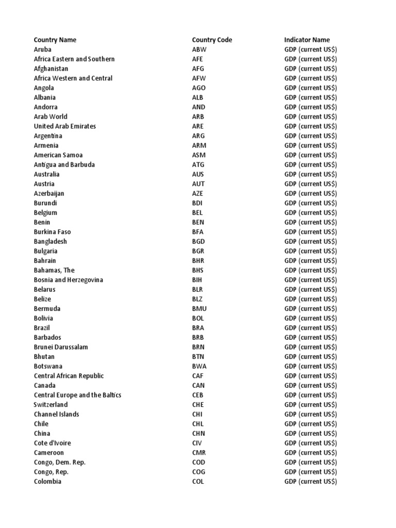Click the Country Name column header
[x=55, y=40]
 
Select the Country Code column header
[x=212, y=40]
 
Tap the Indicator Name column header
[x=307, y=40]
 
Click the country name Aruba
[x=43, y=49]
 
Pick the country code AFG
[x=199, y=69]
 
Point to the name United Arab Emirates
[x=65, y=126]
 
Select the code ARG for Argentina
[x=199, y=136]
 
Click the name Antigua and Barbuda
[x=64, y=164]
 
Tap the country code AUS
[x=198, y=174]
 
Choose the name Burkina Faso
[x=53, y=232]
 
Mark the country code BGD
[x=199, y=241]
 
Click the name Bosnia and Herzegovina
[x=69, y=280]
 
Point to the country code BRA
[x=198, y=328]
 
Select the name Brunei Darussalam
[x=61, y=347]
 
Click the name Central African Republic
[x=69, y=376]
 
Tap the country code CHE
[x=198, y=405]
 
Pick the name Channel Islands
[x=57, y=414]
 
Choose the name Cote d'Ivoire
[x=53, y=443]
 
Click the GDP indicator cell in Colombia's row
[x=310, y=482]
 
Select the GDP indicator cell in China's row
[x=310, y=434]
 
